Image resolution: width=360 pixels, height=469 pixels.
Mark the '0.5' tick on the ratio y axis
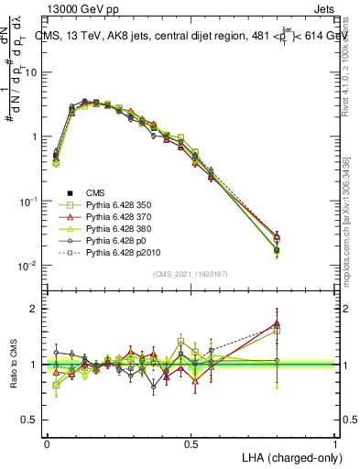tap(29, 420)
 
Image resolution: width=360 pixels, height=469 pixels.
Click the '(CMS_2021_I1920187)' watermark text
tap(191, 273)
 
